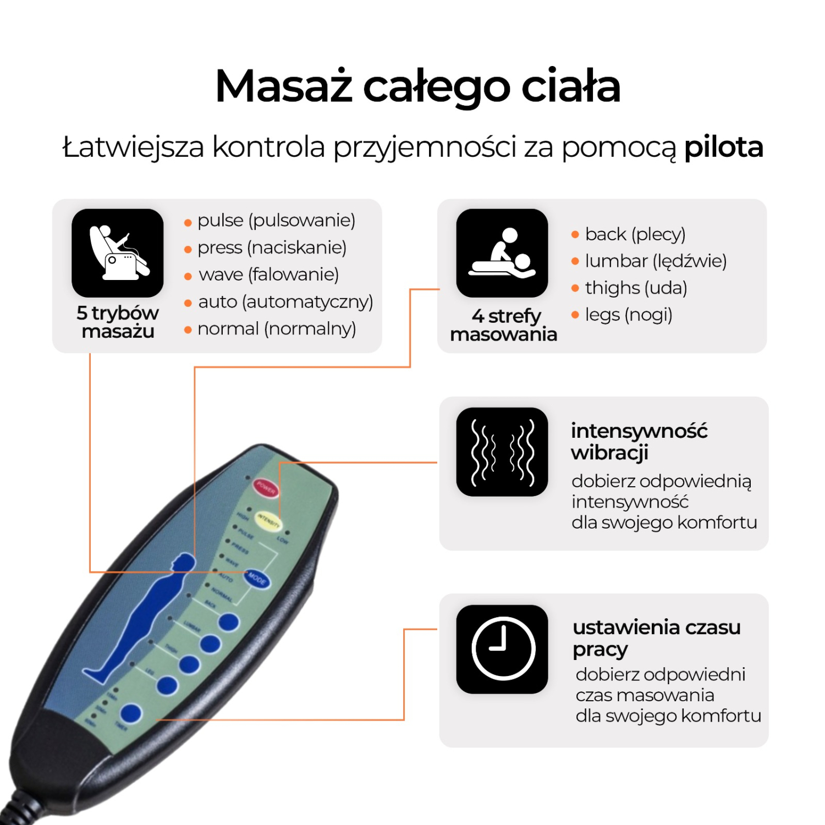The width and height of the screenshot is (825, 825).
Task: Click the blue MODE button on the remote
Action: click(257, 578)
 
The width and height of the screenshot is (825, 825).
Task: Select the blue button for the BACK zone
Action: click(229, 622)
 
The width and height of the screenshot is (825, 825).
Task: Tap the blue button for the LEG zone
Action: click(167, 686)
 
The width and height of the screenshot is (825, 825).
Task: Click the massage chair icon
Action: click(118, 253)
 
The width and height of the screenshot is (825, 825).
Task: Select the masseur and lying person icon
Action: click(502, 253)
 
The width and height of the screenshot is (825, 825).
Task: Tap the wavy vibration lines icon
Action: click(502, 452)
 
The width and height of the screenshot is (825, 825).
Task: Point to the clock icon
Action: click(502, 649)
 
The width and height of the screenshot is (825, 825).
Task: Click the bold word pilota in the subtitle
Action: click(723, 147)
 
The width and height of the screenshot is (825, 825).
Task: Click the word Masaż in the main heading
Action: click(284, 86)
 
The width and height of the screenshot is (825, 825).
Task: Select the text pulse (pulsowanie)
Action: click(276, 221)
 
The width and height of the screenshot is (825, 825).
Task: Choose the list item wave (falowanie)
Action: click(268, 274)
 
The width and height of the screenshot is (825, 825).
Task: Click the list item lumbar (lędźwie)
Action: click(656, 261)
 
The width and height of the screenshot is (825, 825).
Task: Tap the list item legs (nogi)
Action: click(629, 315)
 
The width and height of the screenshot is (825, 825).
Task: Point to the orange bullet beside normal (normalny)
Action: click(188, 330)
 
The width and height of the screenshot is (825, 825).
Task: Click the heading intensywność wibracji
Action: click(639, 442)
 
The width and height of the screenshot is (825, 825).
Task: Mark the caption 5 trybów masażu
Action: click(118, 322)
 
